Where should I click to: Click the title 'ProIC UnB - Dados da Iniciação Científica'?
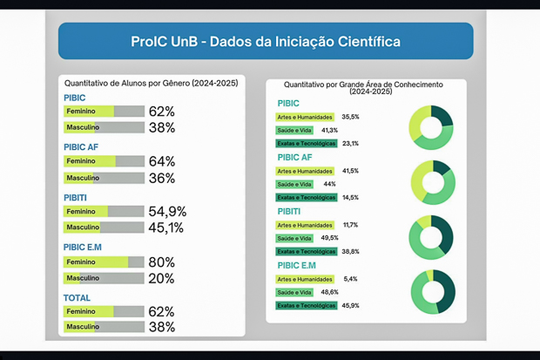tap(266, 41)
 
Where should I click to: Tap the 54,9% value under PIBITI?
tap(167, 212)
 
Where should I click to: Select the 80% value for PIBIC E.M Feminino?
tap(161, 262)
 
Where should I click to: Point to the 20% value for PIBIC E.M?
tap(161, 278)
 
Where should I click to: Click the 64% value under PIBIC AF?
tap(161, 161)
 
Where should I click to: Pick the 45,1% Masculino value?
tap(166, 228)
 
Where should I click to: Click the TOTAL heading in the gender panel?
tap(77, 298)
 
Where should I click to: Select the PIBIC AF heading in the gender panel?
tap(81, 147)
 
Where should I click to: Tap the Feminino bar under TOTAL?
tap(104, 311)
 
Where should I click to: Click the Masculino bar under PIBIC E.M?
tap(104, 278)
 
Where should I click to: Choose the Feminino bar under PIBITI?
tap(104, 212)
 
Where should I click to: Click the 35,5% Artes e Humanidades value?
tap(350, 117)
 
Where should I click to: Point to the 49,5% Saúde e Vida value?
tap(329, 238)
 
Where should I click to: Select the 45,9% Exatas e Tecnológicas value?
tap(350, 306)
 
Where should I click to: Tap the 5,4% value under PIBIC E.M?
tap(350, 279)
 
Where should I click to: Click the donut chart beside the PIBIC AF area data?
tap(432, 181)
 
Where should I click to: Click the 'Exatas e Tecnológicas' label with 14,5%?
tap(306, 198)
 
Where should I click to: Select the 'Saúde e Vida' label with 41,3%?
tap(294, 130)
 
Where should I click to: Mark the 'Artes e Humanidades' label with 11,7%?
tap(305, 225)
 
